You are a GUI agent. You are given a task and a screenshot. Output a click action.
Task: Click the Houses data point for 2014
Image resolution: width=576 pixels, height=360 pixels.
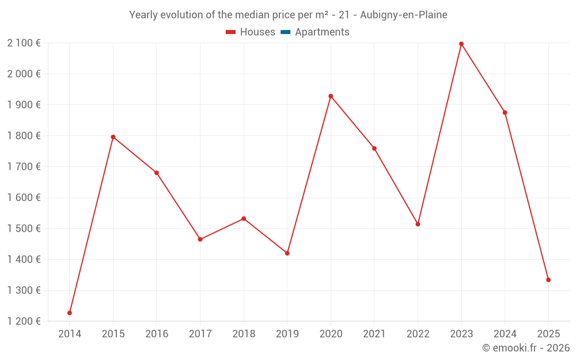(70, 313)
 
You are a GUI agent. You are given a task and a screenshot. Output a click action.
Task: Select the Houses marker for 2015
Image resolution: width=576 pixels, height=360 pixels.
(113, 137)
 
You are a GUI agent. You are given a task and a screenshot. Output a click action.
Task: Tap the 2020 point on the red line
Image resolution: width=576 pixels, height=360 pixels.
(331, 96)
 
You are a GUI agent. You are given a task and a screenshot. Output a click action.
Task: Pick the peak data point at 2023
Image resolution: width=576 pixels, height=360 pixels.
(461, 44)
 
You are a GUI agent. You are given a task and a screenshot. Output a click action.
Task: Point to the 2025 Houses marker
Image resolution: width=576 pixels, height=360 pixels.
(548, 280)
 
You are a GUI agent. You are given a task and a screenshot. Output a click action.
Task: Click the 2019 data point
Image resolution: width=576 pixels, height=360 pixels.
(287, 253)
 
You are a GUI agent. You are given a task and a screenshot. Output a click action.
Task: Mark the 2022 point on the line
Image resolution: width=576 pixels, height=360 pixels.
(418, 224)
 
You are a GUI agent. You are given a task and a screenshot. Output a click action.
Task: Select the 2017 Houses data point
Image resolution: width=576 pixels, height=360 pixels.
(200, 239)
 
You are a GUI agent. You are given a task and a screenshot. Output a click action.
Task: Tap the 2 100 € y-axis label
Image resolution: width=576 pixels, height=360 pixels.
(24, 43)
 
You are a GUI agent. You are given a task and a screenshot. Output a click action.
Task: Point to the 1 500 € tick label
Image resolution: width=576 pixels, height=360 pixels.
(24, 229)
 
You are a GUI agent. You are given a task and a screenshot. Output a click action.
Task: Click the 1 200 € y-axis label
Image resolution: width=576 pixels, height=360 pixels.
(24, 321)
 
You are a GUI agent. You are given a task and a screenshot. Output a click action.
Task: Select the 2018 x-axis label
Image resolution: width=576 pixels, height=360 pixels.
(244, 334)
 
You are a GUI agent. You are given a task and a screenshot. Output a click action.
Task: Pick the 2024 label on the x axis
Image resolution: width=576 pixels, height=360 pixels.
(505, 334)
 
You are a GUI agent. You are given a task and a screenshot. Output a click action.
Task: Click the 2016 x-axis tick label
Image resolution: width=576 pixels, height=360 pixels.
(157, 334)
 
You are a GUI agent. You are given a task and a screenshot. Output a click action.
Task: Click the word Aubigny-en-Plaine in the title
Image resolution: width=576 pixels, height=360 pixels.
(403, 15)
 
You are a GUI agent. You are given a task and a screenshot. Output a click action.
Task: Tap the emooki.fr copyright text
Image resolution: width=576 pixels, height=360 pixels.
(526, 348)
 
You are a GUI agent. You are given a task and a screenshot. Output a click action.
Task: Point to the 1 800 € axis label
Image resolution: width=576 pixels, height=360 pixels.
(24, 136)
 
